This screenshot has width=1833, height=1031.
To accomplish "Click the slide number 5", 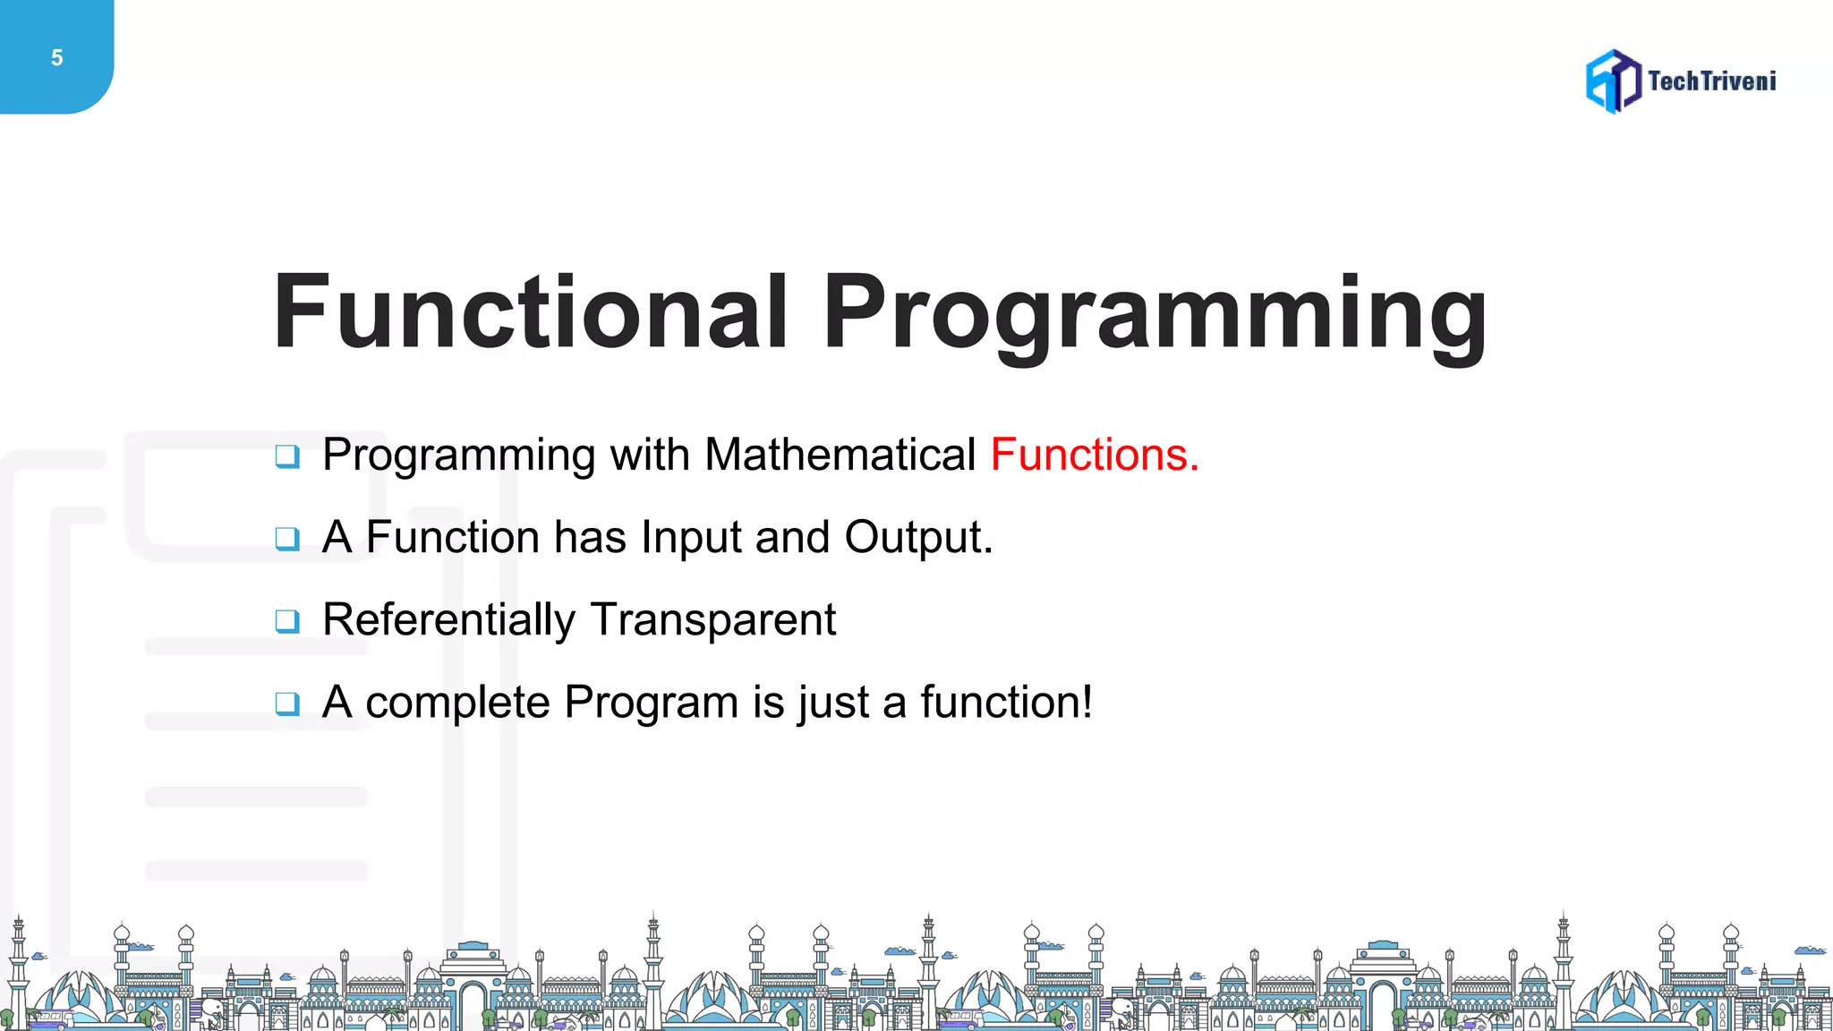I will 56,58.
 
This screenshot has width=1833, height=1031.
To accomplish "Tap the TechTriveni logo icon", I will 1613,81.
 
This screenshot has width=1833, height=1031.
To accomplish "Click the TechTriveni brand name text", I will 1711,81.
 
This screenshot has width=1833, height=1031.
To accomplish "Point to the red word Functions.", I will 1094,455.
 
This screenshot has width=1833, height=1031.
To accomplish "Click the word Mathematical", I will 840,455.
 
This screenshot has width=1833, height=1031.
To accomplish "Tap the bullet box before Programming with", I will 287,456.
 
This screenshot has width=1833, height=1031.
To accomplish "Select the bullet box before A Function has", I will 287,539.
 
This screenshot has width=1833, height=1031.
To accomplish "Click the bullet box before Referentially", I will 287,621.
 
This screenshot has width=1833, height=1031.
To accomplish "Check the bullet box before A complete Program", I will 287,703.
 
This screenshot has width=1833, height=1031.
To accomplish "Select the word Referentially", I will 448,620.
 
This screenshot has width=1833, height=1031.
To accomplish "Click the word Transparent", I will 713,620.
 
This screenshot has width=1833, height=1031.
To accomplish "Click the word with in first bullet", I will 650,455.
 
